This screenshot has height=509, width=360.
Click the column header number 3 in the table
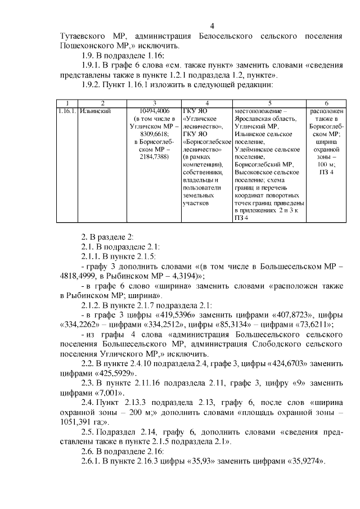point(155,103)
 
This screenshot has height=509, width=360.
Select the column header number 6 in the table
point(326,103)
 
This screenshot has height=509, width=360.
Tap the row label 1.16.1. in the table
point(66,111)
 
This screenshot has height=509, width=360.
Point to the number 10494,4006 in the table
point(155,111)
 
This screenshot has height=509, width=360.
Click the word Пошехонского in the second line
point(90,46)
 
